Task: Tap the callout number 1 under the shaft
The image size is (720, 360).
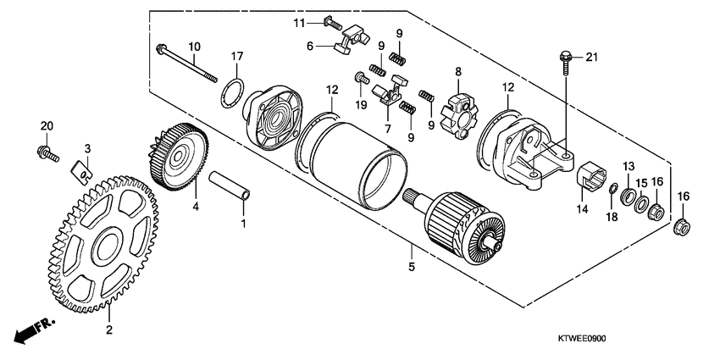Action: click(x=245, y=224)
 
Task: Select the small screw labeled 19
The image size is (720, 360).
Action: click(x=361, y=80)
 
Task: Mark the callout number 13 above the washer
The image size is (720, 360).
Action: click(x=629, y=164)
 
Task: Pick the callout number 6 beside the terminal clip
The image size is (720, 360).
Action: click(x=310, y=46)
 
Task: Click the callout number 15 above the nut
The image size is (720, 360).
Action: click(x=641, y=182)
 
